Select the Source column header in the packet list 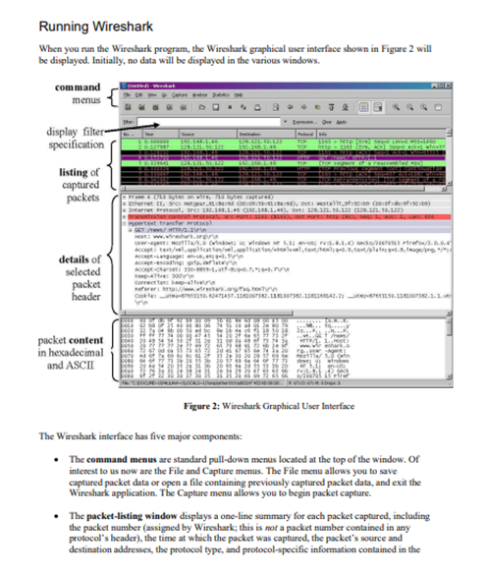coord(187,136)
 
